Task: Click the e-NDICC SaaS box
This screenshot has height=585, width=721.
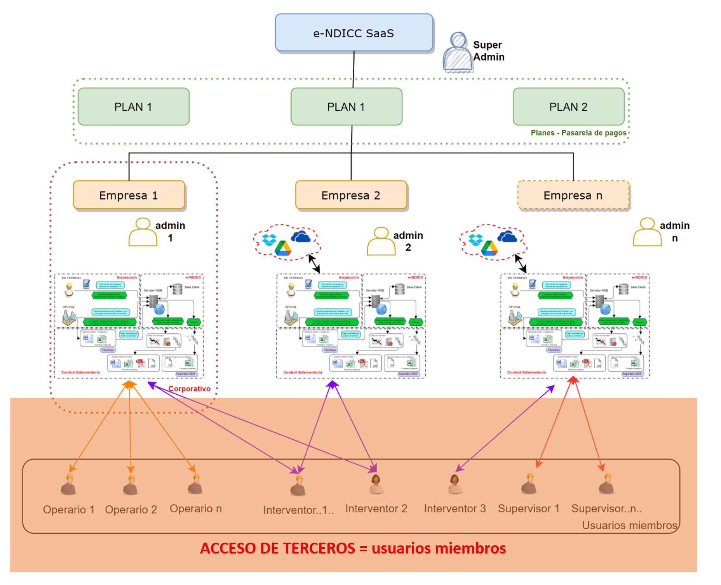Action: pos(354,33)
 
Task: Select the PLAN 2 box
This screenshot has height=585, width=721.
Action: pos(568,107)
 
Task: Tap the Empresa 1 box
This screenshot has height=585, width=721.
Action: pos(129,195)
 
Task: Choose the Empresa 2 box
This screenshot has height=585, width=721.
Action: pos(351,195)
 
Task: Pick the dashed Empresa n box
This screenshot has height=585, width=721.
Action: pos(573,195)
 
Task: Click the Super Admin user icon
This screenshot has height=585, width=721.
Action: pos(458,53)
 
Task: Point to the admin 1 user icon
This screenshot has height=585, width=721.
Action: pos(143,232)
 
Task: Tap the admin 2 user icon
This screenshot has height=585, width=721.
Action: pos(381,241)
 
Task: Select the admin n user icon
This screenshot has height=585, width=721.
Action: pos(647,232)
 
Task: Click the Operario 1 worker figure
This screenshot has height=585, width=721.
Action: pos(69,485)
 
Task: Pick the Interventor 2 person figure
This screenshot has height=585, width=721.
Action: pos(376,484)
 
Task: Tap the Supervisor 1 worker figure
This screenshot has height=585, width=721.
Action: pos(529,484)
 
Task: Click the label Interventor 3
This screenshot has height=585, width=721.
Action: pos(455,508)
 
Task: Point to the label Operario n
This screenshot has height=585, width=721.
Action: pos(196,508)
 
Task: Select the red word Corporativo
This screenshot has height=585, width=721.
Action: pos(190,389)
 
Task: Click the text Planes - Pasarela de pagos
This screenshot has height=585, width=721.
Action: pos(578,133)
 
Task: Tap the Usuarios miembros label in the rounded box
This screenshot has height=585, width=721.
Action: pos(629,525)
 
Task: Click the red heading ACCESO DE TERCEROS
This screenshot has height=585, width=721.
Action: pos(277,548)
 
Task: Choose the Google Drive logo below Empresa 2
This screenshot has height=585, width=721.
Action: pos(283,249)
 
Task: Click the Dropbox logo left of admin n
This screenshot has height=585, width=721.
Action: pos(475,240)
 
